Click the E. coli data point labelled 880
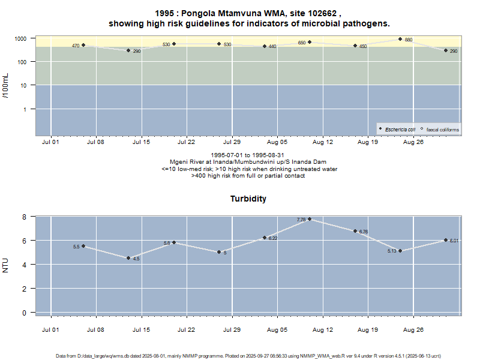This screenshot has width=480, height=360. pos(400,39)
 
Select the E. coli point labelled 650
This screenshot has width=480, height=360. pos(310,42)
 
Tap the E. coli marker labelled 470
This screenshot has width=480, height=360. pos(83,45)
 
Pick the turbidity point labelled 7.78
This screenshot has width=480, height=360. pos(310,219)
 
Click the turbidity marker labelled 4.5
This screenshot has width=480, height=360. pos(128,258)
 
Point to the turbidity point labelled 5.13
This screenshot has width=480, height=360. pos(400,251)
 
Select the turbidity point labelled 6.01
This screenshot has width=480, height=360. pos(446,240)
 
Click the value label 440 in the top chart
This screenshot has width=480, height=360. pos(272,46)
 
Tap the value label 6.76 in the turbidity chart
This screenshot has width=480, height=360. pos(363,232)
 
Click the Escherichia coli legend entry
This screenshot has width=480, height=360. pos(401,130)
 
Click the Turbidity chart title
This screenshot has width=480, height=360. pos(248,199)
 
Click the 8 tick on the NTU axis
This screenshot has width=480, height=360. pos(25,217)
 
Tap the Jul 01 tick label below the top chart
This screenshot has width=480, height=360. pos(50,142)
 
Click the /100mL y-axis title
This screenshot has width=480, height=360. pos(6,86)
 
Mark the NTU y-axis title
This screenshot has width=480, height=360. pos(6,264)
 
